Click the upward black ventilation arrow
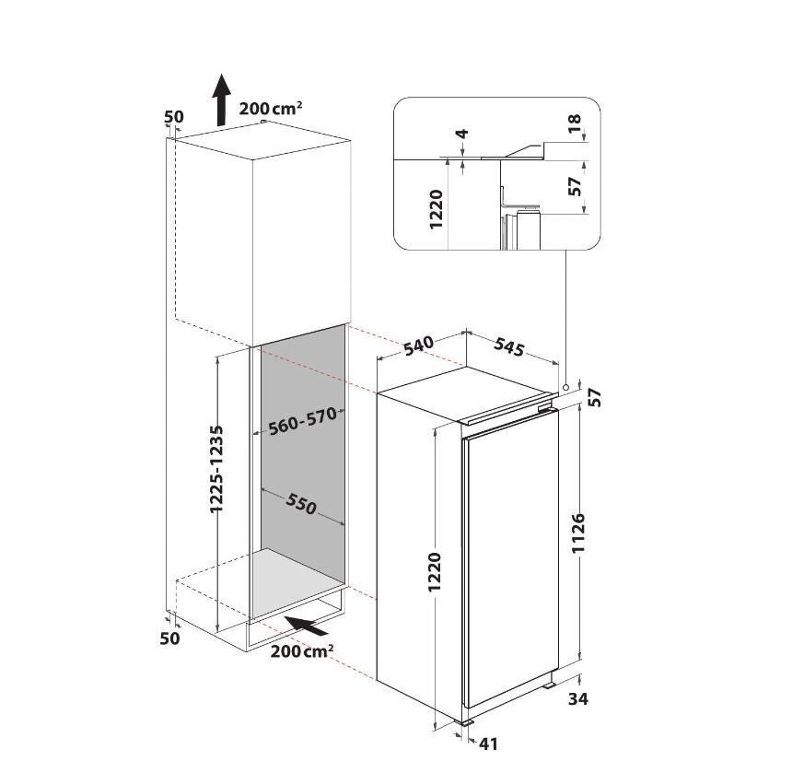click(x=221, y=100)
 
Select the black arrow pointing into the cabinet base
click(x=306, y=626)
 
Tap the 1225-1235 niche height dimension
click(x=216, y=469)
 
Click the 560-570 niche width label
click(x=302, y=421)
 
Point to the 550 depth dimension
click(x=301, y=503)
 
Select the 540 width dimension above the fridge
click(x=419, y=345)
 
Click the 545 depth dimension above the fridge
click(x=509, y=346)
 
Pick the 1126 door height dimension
click(x=579, y=533)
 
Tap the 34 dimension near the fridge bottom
click(x=578, y=698)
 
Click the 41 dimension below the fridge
click(x=488, y=744)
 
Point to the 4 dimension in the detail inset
click(x=462, y=134)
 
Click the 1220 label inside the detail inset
click(x=436, y=208)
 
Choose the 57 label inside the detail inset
click(x=576, y=186)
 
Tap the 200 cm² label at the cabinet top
click(x=271, y=108)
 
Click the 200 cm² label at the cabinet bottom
click(x=301, y=650)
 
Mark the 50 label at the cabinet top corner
click(x=174, y=116)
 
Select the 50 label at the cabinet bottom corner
click(x=169, y=638)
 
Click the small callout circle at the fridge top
click(x=565, y=387)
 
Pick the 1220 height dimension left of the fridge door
click(x=435, y=572)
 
